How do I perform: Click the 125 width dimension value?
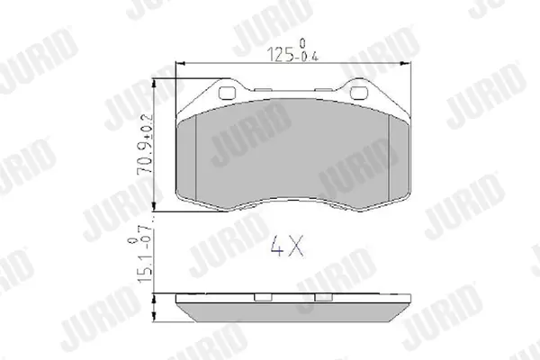click(280, 54)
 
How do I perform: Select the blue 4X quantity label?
click(287, 246)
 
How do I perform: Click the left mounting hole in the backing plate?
click(228, 93)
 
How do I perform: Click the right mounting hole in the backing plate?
click(358, 93)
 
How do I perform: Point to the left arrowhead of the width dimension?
click(181, 63)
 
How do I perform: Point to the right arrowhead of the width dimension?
click(406, 63)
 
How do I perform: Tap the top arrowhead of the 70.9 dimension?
click(154, 84)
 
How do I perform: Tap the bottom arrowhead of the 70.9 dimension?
click(154, 206)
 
